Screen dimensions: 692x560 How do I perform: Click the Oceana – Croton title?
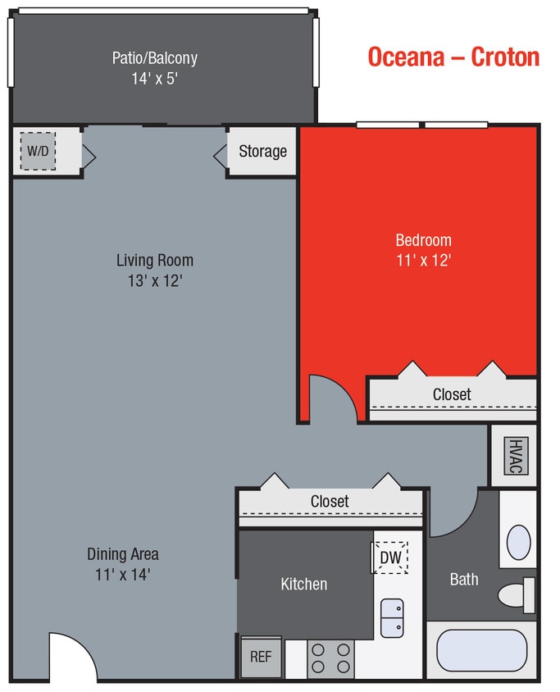(453, 57)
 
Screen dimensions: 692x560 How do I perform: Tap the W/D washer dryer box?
(38, 152)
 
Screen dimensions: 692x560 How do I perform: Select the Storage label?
(262, 152)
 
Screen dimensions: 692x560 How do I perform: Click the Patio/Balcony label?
(154, 58)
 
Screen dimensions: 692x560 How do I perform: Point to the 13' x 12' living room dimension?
(154, 280)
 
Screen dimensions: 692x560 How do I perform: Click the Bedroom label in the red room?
(423, 240)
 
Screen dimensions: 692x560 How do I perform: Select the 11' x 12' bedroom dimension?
(423, 260)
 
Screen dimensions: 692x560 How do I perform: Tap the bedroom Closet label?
(452, 394)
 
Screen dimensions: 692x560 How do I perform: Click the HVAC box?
(514, 455)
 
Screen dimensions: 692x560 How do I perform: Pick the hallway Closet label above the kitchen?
(330, 501)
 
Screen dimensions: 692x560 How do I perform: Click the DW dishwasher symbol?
(390, 558)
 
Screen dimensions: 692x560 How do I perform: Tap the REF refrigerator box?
(261, 657)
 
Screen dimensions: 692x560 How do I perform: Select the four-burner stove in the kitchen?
(331, 658)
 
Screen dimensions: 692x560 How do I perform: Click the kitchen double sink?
(392, 617)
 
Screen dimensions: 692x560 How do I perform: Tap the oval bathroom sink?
(518, 542)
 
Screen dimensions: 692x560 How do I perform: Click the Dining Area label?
(123, 554)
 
